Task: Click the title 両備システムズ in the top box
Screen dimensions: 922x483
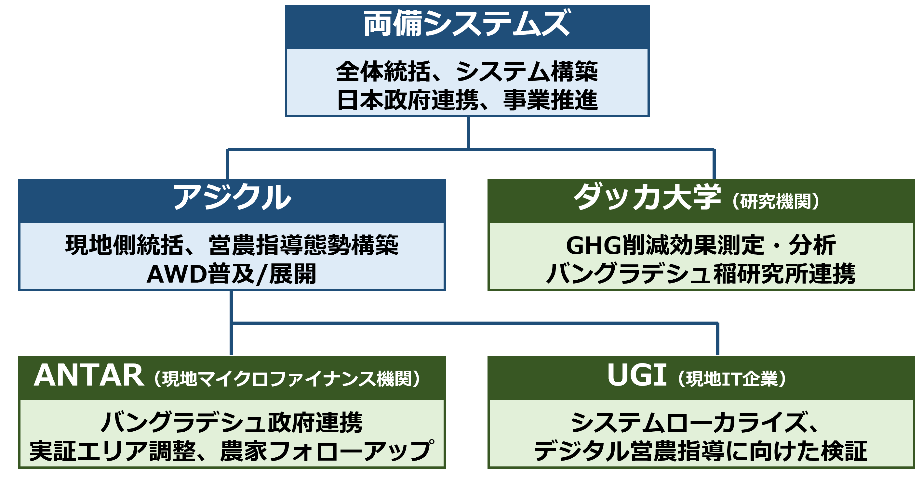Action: click(467, 24)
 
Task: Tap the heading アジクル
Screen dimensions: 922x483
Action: click(232, 197)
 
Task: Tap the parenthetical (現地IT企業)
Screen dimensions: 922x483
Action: click(732, 379)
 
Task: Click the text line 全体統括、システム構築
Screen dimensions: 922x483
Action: click(467, 71)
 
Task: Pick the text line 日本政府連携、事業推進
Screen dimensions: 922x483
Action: click(467, 100)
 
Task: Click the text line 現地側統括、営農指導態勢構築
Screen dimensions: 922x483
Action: click(232, 245)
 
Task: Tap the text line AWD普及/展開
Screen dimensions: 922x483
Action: click(232, 274)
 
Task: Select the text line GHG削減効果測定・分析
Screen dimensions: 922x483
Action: click(701, 245)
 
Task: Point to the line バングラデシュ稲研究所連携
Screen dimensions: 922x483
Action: click(701, 274)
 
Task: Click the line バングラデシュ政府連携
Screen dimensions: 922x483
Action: click(232, 423)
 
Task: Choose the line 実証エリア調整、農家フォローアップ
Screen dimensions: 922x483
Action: click(232, 451)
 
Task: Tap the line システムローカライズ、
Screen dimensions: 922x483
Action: click(694, 423)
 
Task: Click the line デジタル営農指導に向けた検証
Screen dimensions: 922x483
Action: click(701, 451)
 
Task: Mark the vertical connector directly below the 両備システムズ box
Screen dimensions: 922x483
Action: click(468, 133)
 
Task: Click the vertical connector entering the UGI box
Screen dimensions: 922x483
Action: click(718, 339)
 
